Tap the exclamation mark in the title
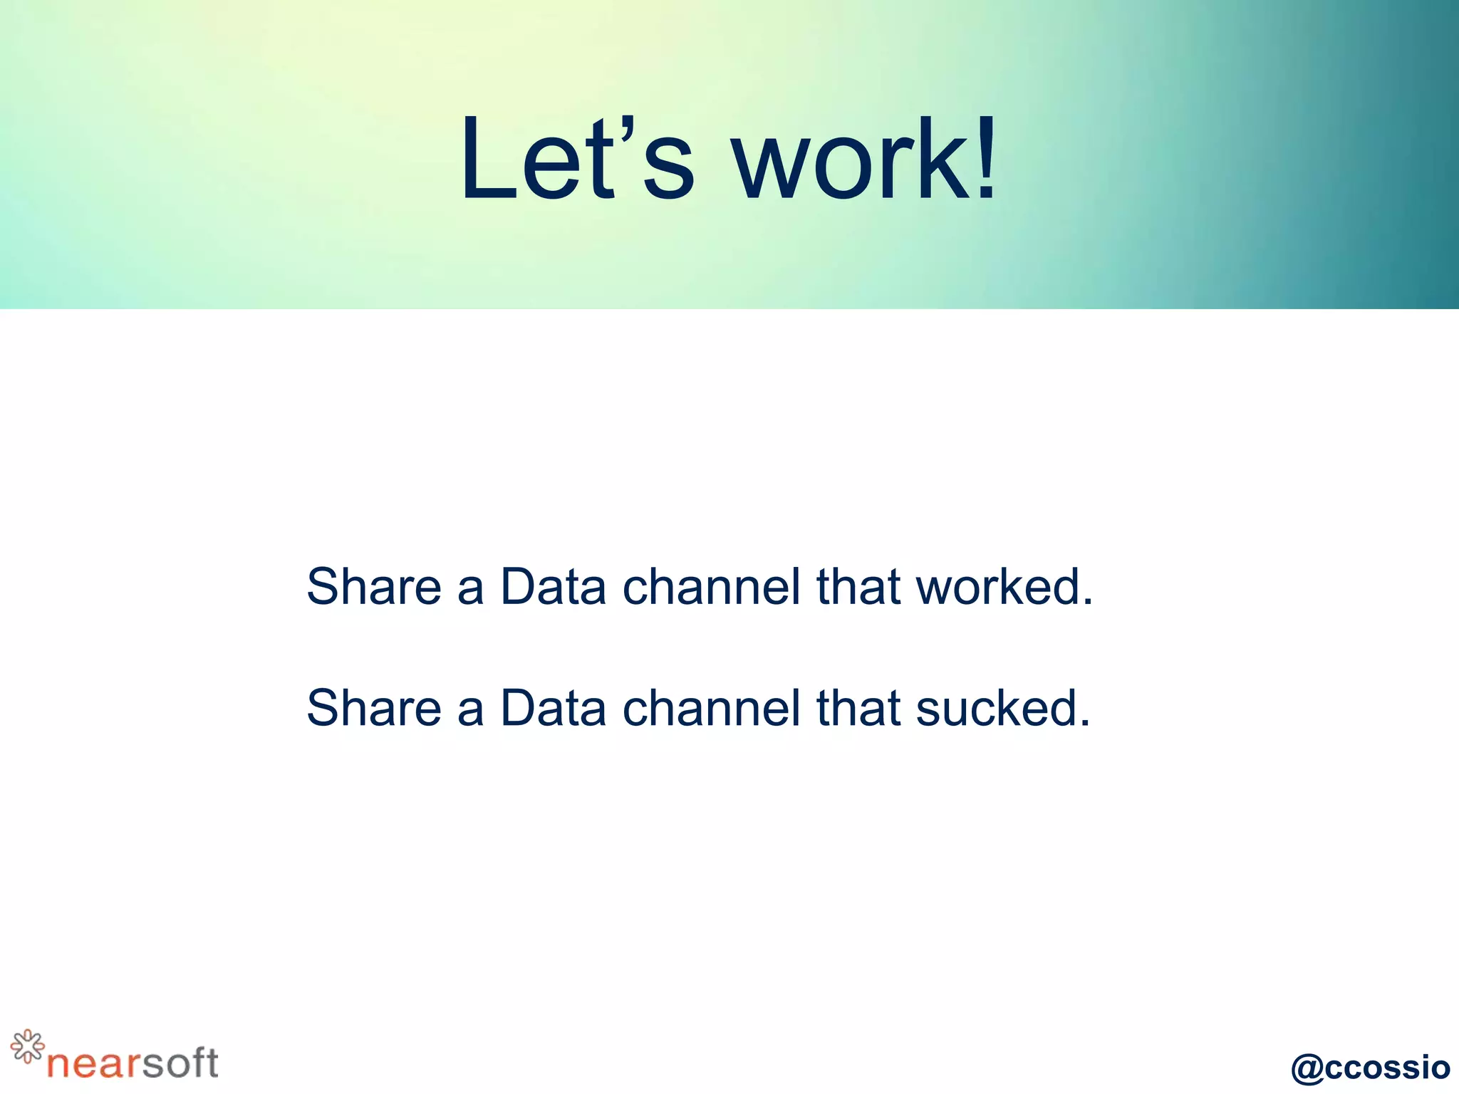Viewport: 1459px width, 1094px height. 986,158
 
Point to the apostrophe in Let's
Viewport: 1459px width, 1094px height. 626,128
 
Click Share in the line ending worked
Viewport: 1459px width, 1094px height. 374,587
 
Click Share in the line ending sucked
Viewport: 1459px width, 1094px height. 374,708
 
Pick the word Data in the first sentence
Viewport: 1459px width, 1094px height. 553,587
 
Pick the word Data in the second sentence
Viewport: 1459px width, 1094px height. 553,708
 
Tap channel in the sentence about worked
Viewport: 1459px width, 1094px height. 711,587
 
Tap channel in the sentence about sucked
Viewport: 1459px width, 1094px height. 711,708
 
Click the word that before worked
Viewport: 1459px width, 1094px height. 858,587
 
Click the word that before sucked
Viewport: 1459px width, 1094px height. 858,708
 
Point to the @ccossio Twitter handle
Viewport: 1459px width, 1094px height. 1370,1067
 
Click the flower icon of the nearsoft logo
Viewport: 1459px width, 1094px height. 27,1046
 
